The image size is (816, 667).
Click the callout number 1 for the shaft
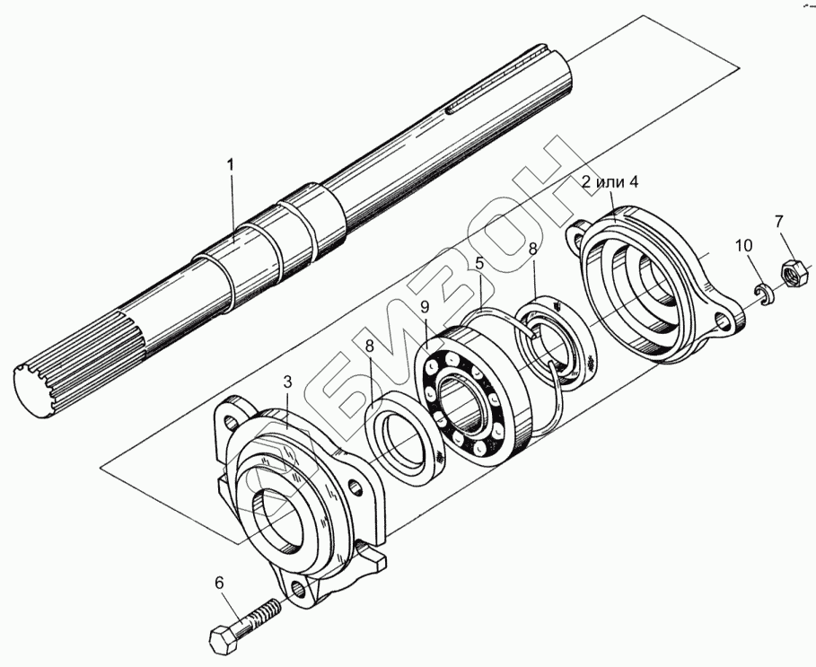pyautogui.click(x=231, y=164)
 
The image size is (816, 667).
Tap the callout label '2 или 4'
pyautogui.click(x=610, y=182)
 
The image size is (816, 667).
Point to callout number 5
pyautogui.click(x=480, y=264)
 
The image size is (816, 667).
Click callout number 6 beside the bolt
pyautogui.click(x=217, y=583)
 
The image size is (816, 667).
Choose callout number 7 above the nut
pyautogui.click(x=778, y=222)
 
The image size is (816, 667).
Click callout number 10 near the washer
pyautogui.click(x=744, y=247)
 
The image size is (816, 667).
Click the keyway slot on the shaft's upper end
pyautogui.click(x=486, y=102)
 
